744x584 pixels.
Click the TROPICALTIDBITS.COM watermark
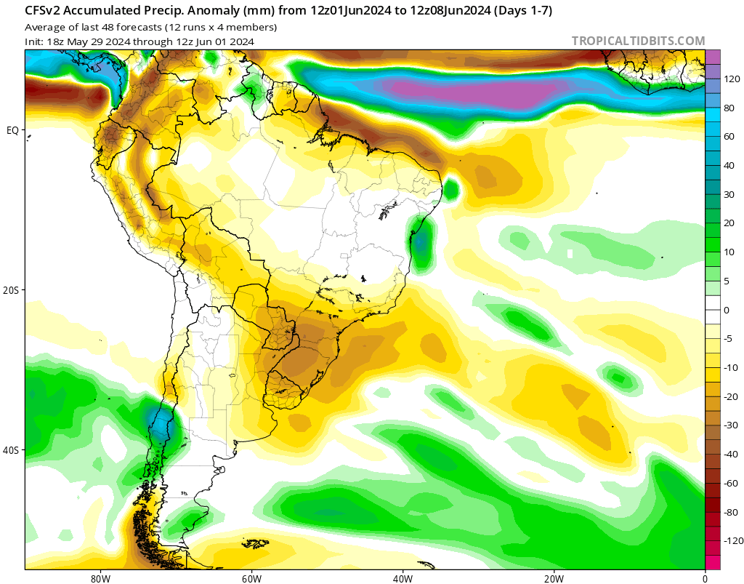(x=638, y=41)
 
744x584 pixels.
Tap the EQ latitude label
(x=12, y=130)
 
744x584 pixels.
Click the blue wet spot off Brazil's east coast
(x=421, y=242)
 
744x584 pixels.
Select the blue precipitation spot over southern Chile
(x=158, y=425)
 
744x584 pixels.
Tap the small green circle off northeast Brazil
(x=451, y=190)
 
